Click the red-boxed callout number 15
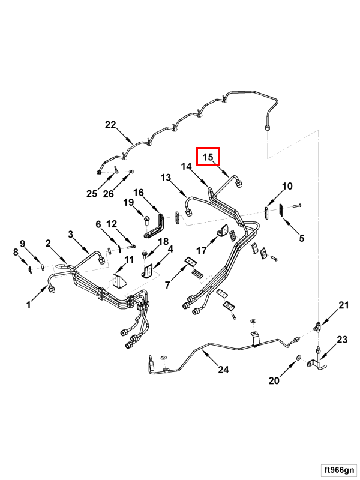pos(208,157)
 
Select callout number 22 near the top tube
pos(110,125)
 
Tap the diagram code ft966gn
pos(339,470)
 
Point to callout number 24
pos(223,370)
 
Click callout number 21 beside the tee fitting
pos(343,305)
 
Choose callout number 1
pos(28,305)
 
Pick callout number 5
pos(302,238)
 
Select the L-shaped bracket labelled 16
pos(155,226)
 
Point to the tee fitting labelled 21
pos(317,326)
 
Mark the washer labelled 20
pos(298,358)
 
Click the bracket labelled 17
pos(223,230)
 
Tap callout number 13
pos(166,177)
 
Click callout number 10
pos(287,186)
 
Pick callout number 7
pos(167,284)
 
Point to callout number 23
pos(342,339)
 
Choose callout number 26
pos(109,193)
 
